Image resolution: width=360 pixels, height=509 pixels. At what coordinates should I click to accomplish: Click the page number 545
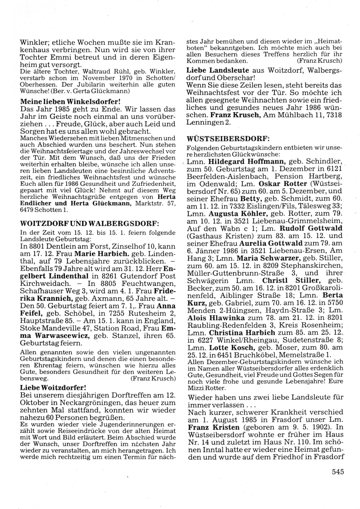tap(336, 472)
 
